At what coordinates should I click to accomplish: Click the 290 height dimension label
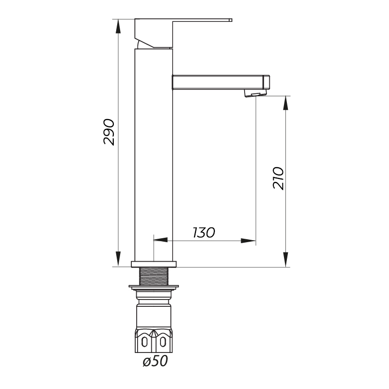pos(108,132)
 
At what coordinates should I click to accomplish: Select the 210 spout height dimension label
pos(278,178)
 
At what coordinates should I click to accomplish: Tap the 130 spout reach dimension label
pos(204,232)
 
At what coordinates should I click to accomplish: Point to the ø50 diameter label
pos(155,361)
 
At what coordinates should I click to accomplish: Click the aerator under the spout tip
pos(256,93)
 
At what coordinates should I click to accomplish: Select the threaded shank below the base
pos(154,276)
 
